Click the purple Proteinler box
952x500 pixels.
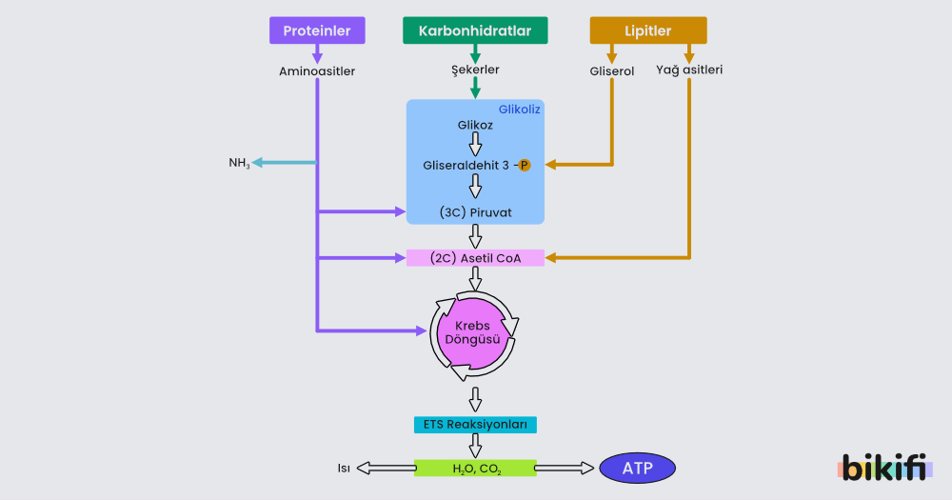point(317,30)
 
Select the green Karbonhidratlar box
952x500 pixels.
point(475,30)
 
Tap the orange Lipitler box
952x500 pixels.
point(648,30)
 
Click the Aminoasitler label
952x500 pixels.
point(317,70)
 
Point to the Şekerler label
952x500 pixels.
point(475,70)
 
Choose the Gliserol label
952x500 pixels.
point(612,70)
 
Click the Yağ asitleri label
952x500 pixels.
point(689,70)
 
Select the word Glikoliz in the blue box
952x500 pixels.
point(520,110)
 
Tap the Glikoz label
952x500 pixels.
point(475,125)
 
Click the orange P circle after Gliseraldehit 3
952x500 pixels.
point(525,166)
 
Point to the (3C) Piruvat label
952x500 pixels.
point(476,212)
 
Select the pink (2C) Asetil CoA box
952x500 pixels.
point(475,258)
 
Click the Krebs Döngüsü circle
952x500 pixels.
point(474,332)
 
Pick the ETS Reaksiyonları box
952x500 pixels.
point(475,424)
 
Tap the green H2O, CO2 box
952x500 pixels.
point(475,468)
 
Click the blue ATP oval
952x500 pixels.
point(637,468)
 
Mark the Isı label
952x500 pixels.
point(344,468)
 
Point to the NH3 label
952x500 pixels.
point(239,163)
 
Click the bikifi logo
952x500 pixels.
point(884,468)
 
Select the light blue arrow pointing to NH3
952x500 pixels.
point(286,163)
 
